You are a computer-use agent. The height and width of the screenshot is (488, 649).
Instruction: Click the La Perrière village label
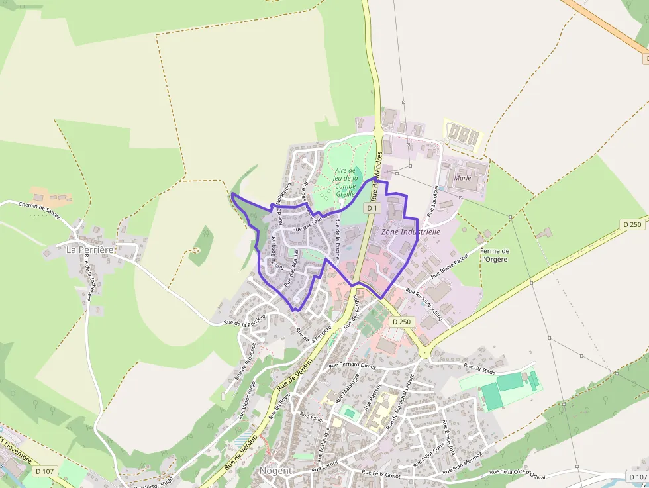point(90,250)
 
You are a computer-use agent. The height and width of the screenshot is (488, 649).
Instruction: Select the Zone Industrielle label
point(411,232)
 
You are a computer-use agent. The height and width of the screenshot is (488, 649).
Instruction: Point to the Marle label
point(463,178)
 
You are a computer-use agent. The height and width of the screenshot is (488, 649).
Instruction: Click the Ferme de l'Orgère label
point(494,255)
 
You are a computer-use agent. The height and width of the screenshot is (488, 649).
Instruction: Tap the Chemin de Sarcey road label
point(40,211)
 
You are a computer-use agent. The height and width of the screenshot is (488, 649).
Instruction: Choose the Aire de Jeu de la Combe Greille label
point(346,182)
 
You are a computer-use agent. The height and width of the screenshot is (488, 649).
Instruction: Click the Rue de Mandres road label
point(377,175)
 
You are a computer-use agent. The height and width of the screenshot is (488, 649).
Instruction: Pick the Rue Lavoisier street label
point(433,201)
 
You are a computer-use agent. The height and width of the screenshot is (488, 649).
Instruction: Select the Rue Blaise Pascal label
point(450,264)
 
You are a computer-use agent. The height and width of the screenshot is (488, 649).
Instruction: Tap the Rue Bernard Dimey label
point(352,364)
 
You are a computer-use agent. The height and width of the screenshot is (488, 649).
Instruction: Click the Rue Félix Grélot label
point(383,473)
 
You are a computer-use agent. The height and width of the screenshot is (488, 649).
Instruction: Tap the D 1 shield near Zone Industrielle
point(372,208)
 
